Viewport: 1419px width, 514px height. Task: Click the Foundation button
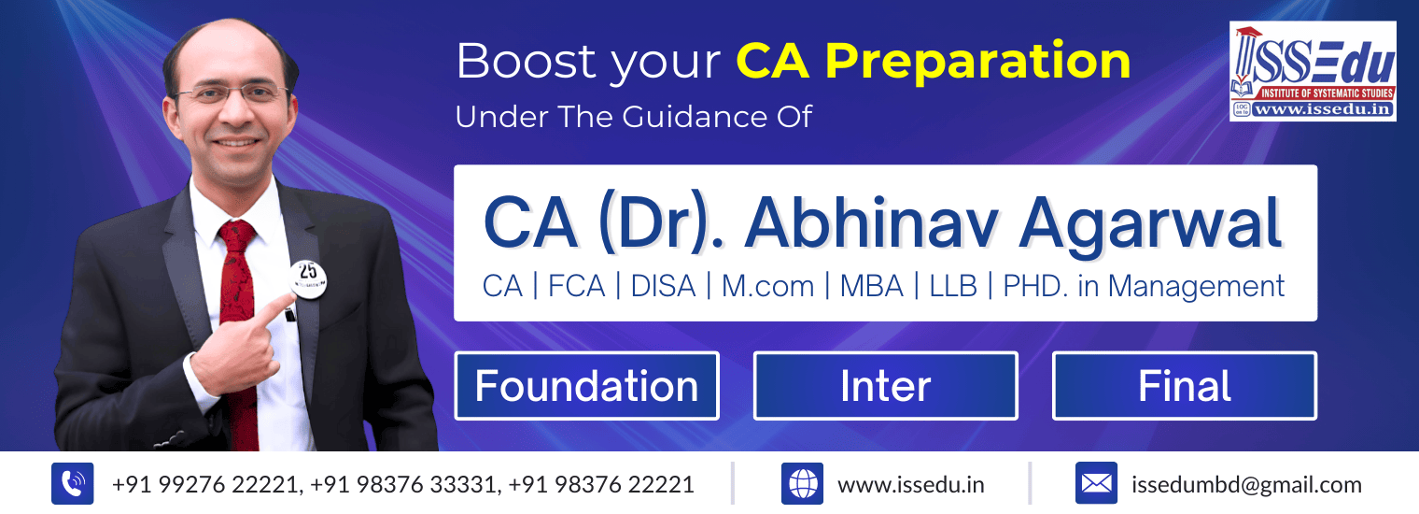pos(586,385)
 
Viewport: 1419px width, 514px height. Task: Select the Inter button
pos(886,385)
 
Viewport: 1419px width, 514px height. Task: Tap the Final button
pos(1185,385)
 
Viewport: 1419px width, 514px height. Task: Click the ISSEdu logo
pos(1313,71)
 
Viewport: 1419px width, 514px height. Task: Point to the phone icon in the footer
pos(73,483)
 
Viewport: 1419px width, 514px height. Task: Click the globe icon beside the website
pos(802,483)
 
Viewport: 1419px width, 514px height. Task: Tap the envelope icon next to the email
pos(1096,483)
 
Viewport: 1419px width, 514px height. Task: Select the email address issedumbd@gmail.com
pos(1246,485)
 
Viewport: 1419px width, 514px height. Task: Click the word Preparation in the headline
pos(977,62)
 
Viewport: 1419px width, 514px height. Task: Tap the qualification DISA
pos(663,287)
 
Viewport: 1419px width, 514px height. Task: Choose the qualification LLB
pos(953,287)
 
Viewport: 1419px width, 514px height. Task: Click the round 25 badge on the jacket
pos(308,278)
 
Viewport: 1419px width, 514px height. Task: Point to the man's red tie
pos(238,330)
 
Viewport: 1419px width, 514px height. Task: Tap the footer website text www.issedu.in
pos(911,485)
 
